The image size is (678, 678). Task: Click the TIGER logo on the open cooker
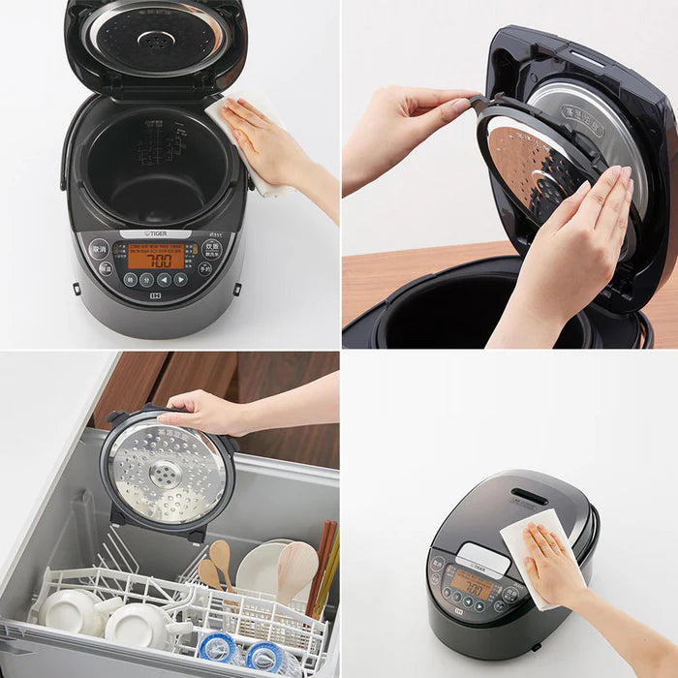(x=155, y=234)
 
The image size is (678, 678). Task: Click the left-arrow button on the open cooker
(x=163, y=279)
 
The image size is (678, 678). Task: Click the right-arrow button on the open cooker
(x=180, y=279)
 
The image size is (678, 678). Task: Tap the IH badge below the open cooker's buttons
(x=154, y=297)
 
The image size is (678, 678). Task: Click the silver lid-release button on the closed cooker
(x=483, y=558)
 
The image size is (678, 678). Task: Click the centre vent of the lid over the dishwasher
(x=166, y=475)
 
